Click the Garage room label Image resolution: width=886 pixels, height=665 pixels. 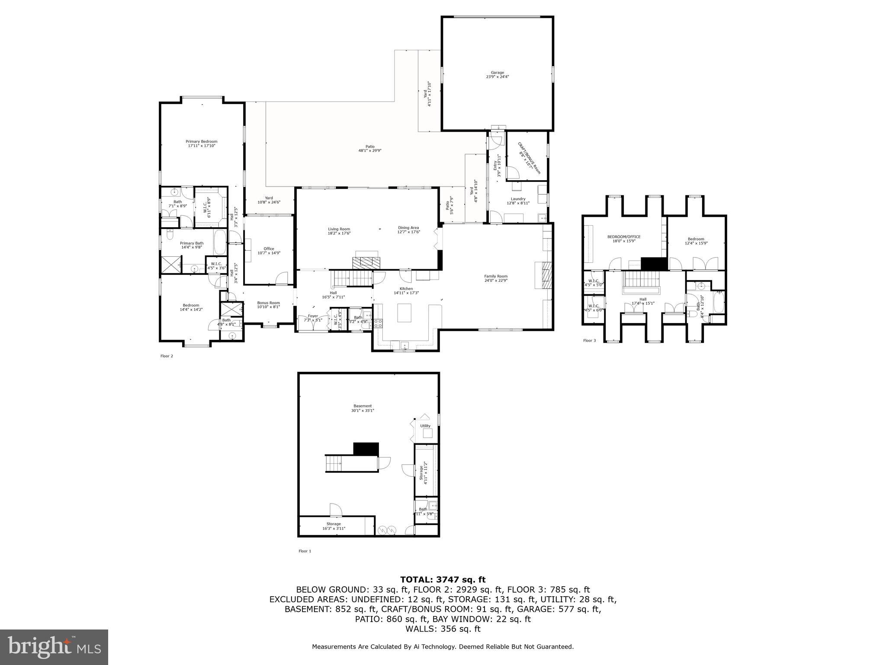tap(497, 74)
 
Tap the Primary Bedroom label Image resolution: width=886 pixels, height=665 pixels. tap(201, 143)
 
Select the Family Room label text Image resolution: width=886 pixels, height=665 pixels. tap(496, 278)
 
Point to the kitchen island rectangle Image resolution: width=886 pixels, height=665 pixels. tap(404, 313)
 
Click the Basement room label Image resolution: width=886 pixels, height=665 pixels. tap(362, 408)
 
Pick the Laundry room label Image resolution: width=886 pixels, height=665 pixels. tap(518, 201)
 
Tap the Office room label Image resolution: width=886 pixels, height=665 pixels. tap(269, 251)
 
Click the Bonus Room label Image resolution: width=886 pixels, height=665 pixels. tap(268, 305)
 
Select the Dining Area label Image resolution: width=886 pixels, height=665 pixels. tap(408, 230)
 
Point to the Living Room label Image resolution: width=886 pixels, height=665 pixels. tap(339, 231)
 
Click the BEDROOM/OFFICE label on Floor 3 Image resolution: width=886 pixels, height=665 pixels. tap(623, 239)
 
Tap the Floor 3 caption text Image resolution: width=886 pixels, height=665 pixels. tap(589, 341)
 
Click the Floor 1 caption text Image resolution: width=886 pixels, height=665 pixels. tap(305, 551)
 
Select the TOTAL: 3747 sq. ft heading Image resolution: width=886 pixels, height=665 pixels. tap(443, 580)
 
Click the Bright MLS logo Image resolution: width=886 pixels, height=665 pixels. tap(54, 647)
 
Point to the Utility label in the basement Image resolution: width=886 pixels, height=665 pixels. tap(425, 426)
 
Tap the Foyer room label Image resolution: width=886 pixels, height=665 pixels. tap(312, 318)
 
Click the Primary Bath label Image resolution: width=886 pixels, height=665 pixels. tap(192, 245)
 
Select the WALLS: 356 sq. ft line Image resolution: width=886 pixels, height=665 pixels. tap(443, 629)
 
